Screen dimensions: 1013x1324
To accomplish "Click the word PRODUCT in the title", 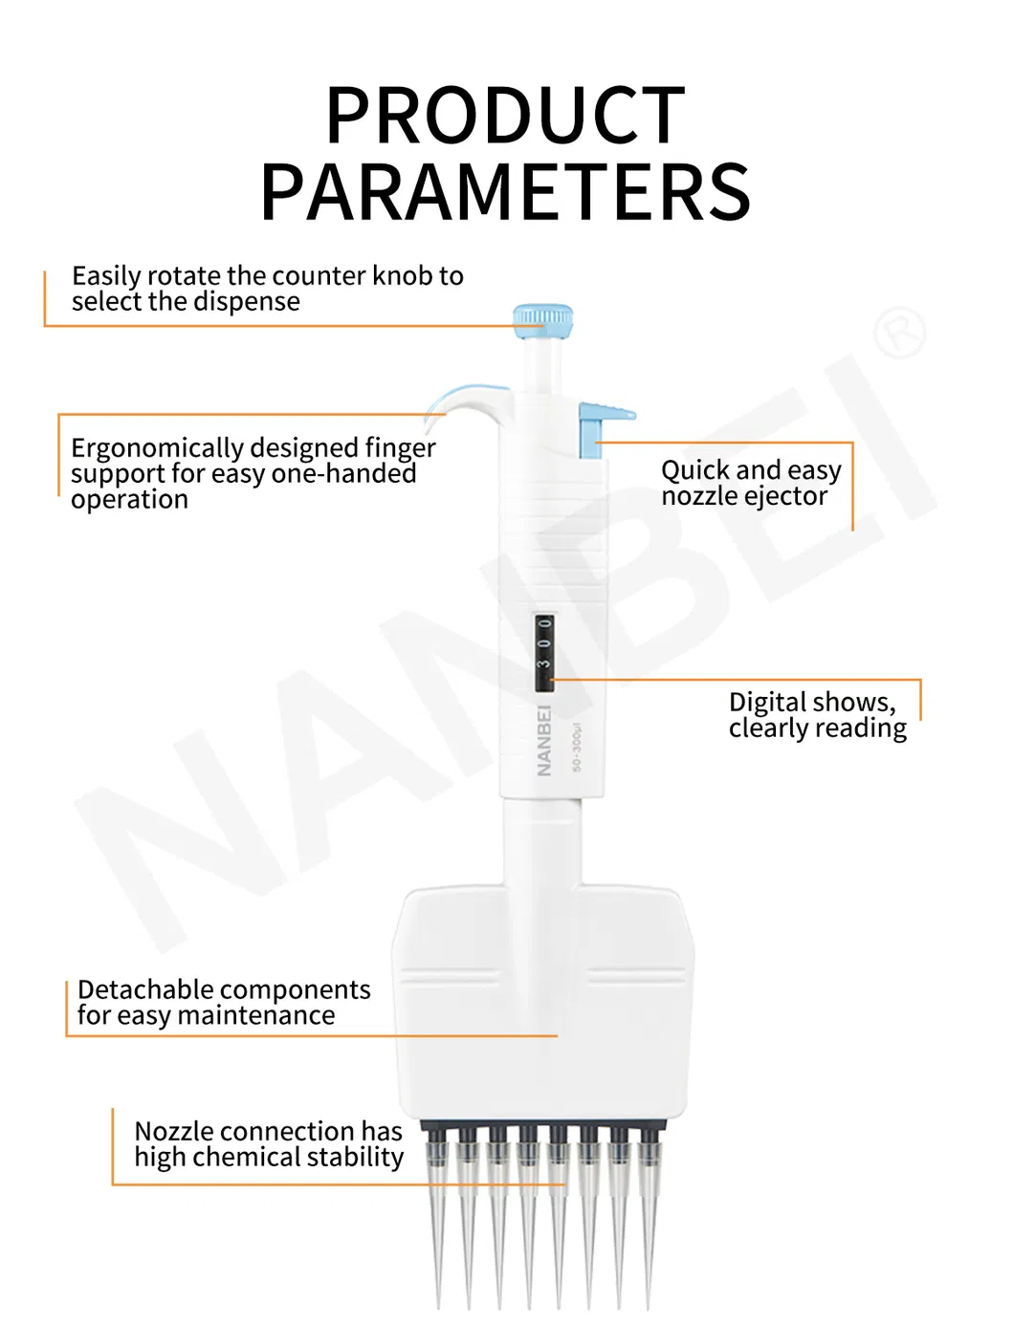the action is (506, 116).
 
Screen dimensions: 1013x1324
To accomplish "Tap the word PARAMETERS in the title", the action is (506, 190).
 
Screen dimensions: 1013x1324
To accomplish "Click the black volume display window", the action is (543, 654).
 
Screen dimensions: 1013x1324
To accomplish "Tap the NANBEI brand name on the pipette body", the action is (543, 740).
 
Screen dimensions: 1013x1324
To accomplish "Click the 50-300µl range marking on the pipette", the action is (577, 749).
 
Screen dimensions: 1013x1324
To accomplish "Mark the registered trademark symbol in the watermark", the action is (900, 333).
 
